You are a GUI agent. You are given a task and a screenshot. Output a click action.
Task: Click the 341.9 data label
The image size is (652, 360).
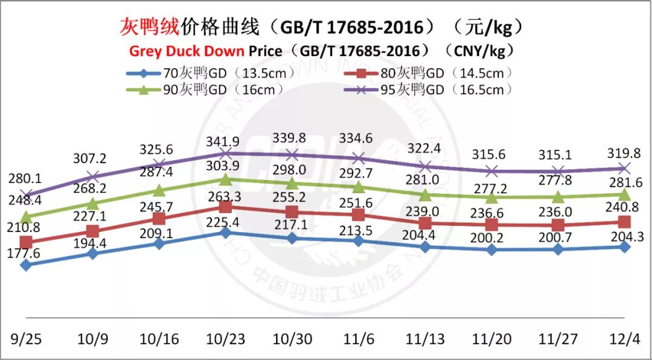point(225,142)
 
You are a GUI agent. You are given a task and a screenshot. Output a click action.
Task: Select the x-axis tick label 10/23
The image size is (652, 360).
point(225,339)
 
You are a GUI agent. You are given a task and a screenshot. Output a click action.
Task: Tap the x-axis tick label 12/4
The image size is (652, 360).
point(624,339)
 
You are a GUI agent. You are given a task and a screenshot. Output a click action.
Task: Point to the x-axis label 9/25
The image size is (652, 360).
point(26,339)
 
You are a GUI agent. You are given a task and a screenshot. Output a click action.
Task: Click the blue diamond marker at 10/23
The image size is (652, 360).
point(225,233)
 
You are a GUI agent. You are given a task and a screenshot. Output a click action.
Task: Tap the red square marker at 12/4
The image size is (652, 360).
point(625,222)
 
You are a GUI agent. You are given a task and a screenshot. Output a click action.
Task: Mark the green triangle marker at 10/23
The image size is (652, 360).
point(225,179)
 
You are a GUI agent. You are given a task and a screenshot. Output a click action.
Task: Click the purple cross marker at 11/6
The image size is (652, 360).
point(359,158)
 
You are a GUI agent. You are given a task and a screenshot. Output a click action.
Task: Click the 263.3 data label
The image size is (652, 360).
point(225,195)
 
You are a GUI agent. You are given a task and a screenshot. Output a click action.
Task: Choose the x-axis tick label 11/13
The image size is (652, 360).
point(425,339)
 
